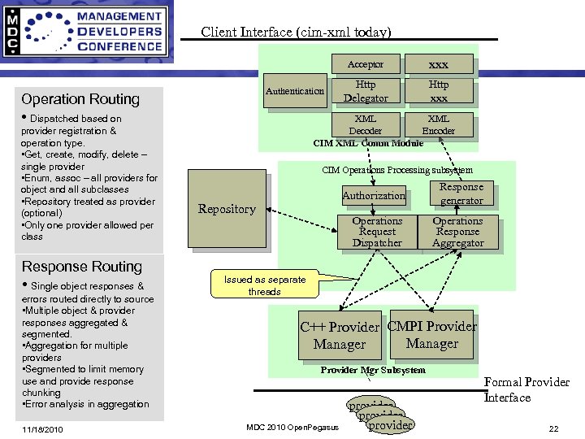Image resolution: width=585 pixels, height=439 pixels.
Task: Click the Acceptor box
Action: pyautogui.click(x=366, y=64)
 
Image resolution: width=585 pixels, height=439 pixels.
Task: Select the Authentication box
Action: pyautogui.click(x=295, y=91)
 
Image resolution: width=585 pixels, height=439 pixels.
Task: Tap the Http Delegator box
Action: pyautogui.click(x=366, y=91)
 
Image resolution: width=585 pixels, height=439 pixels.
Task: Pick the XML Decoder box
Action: pyautogui.click(x=366, y=124)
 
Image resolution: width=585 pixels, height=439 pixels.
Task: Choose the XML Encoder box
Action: pyautogui.click(x=439, y=124)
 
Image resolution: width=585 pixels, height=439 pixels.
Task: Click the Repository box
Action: pyautogui.click(x=227, y=208)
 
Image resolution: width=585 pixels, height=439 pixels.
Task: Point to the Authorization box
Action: pyautogui.click(x=374, y=195)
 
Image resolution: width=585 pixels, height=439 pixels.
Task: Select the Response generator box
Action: pyautogui.click(x=461, y=193)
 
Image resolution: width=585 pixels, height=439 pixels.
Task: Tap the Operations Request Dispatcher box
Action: pyautogui.click(x=377, y=232)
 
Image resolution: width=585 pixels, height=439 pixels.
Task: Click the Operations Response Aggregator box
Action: pyautogui.click(x=457, y=232)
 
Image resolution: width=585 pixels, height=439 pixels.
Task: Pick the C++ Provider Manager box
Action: pyautogui.click(x=340, y=336)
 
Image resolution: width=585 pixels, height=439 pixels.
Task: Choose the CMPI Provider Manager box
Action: pyautogui.click(x=432, y=335)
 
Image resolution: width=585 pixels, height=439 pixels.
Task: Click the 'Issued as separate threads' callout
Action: pyautogui.click(x=264, y=285)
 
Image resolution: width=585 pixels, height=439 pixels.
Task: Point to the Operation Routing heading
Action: pyautogui.click(x=80, y=99)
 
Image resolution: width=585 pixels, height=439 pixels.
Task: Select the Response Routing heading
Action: pyautogui.click(x=81, y=267)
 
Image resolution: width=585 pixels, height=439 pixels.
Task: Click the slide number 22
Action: pyautogui.click(x=553, y=428)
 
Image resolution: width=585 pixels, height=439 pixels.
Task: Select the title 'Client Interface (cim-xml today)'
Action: pyautogui.click(x=296, y=33)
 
